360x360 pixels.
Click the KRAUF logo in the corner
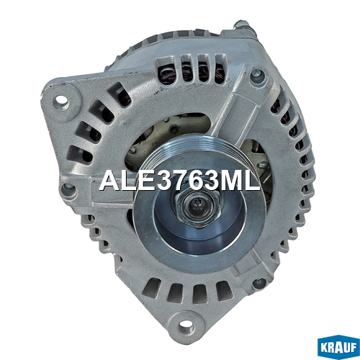pyautogui.click(x=338, y=348)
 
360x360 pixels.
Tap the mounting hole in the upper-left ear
pyautogui.click(x=61, y=100)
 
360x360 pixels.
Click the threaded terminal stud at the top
pyautogui.click(x=243, y=25)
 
